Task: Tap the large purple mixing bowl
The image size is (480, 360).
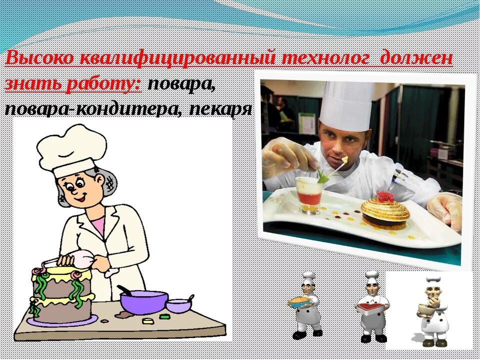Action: click(x=143, y=301)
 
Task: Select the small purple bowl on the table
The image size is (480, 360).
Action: click(x=178, y=305)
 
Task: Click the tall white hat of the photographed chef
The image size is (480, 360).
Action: click(x=346, y=105)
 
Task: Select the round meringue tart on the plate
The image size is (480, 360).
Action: click(x=385, y=212)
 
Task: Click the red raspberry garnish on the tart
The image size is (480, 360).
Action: click(x=385, y=195)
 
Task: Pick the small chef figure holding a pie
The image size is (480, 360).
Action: click(x=305, y=305)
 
